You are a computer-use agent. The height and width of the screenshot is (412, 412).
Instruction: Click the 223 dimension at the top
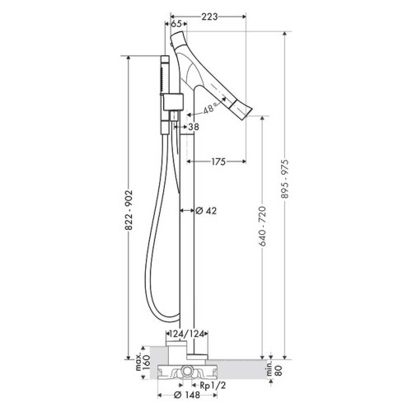point(209,16)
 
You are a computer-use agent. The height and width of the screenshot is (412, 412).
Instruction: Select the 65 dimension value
point(176,24)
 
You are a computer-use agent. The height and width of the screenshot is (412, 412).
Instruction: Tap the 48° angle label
point(209,108)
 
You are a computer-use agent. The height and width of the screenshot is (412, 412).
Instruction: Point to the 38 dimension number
point(194,127)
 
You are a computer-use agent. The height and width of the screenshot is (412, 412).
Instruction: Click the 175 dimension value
point(218,162)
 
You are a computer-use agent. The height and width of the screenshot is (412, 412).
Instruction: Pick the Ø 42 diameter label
point(206,211)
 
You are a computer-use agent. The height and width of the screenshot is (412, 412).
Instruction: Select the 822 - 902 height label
point(129,210)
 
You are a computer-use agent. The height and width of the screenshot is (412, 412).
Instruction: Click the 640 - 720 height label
point(262,226)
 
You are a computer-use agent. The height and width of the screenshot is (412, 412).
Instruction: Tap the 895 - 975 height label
point(285,179)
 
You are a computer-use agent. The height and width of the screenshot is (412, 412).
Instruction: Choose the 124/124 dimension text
point(187,334)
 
